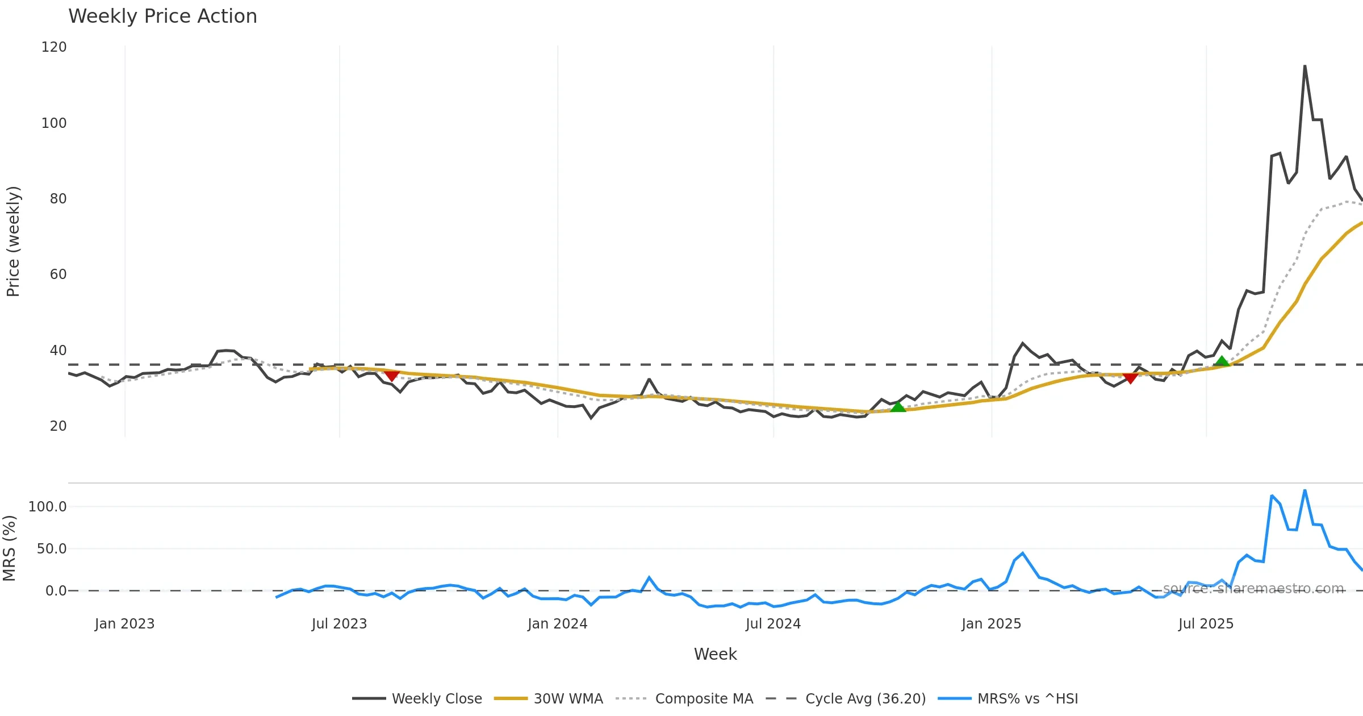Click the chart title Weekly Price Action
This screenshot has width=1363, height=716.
click(x=162, y=16)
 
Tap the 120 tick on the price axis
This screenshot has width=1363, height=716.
click(x=54, y=47)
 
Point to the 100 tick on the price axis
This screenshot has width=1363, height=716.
click(x=54, y=123)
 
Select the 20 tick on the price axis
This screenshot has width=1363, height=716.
click(x=58, y=426)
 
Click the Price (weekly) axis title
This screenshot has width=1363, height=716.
click(x=12, y=242)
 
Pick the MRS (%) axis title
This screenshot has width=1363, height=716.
click(x=9, y=548)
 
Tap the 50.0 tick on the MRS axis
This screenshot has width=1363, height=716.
click(x=52, y=549)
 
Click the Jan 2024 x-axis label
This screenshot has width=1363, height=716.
click(x=557, y=624)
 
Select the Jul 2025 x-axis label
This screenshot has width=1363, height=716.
click(x=1206, y=624)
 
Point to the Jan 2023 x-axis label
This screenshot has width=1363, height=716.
click(x=124, y=624)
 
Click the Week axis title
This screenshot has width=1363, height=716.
click(x=715, y=655)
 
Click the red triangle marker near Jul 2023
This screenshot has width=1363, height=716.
click(x=391, y=376)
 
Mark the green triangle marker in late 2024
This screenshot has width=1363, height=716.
click(x=898, y=407)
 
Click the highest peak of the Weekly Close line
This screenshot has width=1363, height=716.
click(x=1305, y=66)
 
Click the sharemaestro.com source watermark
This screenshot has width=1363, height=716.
click(x=1253, y=589)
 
